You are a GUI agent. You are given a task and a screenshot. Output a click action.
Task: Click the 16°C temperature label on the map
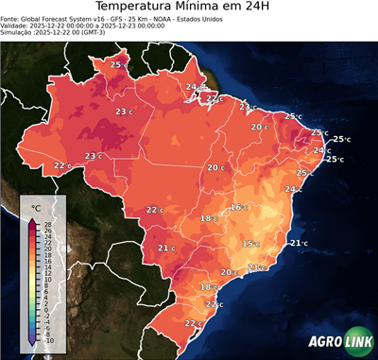click(x=238, y=207)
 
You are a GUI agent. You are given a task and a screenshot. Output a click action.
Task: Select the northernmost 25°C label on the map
click(x=119, y=64)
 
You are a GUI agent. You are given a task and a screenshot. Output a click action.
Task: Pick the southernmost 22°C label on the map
click(x=193, y=324)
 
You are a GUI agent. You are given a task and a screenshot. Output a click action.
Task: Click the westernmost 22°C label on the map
click(x=62, y=165)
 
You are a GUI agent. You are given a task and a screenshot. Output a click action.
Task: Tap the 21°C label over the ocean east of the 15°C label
click(x=298, y=244)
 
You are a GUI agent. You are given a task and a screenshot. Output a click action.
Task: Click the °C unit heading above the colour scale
click(x=36, y=207)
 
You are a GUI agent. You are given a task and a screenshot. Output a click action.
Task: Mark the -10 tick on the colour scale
click(x=47, y=339)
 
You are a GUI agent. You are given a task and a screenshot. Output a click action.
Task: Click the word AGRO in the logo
click(x=325, y=342)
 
